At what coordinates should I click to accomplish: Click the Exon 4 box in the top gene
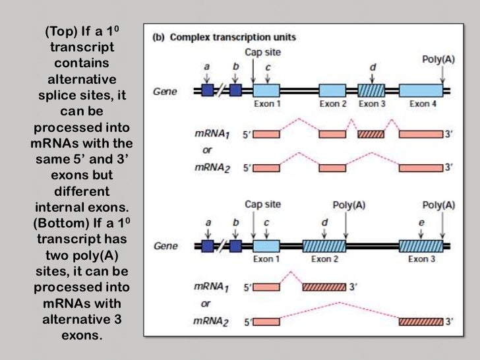(x=421, y=91)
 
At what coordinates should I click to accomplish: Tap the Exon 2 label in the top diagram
(x=333, y=104)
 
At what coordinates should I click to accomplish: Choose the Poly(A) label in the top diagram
(x=438, y=59)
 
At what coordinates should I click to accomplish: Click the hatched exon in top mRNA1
(x=371, y=134)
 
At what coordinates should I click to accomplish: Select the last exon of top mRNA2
(x=421, y=167)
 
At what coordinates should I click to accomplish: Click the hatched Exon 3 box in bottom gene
(x=421, y=247)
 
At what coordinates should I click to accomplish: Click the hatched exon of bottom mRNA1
(x=324, y=287)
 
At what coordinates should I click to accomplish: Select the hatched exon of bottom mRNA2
(x=421, y=321)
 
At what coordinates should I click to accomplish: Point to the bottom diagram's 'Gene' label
(x=165, y=247)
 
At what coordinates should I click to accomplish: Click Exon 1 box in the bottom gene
(x=266, y=247)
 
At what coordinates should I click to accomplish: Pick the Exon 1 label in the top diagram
(x=266, y=104)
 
